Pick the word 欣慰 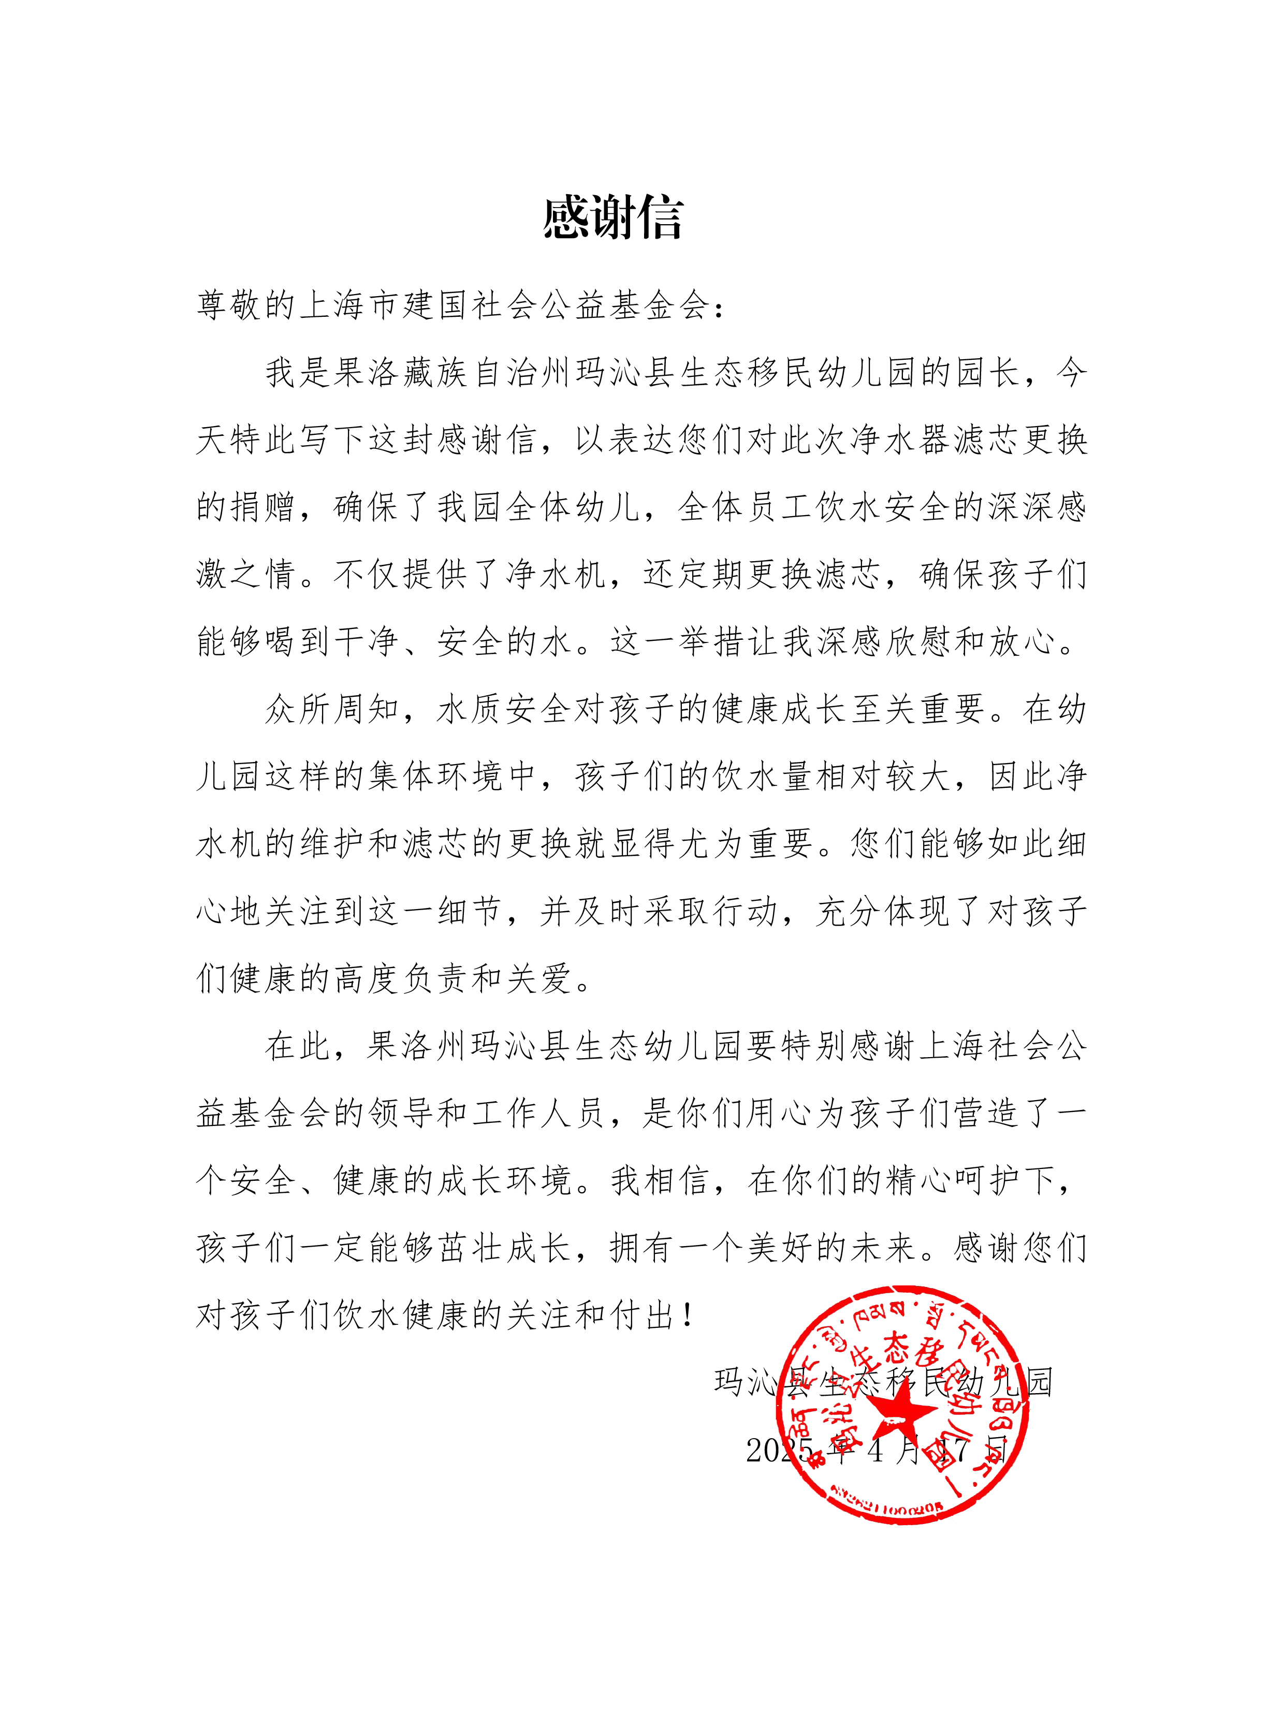pyautogui.click(x=920, y=641)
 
